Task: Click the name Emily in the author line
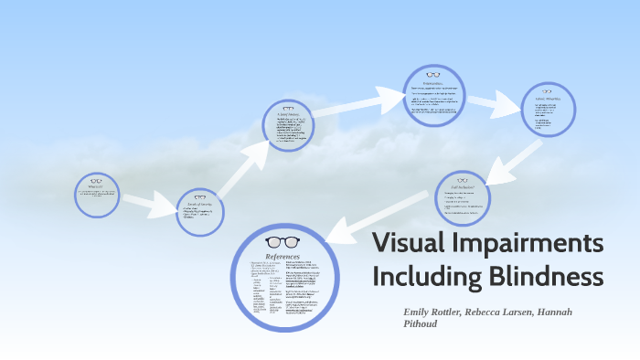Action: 419,312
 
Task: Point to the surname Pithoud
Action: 421,323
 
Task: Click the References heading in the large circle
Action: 282,259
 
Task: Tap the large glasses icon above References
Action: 282,242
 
